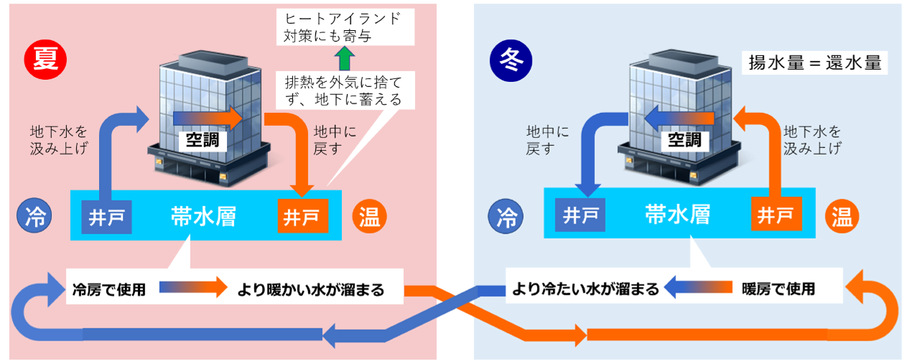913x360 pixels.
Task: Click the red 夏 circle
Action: tap(45, 57)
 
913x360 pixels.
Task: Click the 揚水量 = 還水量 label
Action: tap(815, 63)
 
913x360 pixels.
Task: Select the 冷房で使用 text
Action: tap(109, 290)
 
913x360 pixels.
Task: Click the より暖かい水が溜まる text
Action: tap(310, 290)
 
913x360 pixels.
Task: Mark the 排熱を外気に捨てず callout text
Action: tap(343, 88)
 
